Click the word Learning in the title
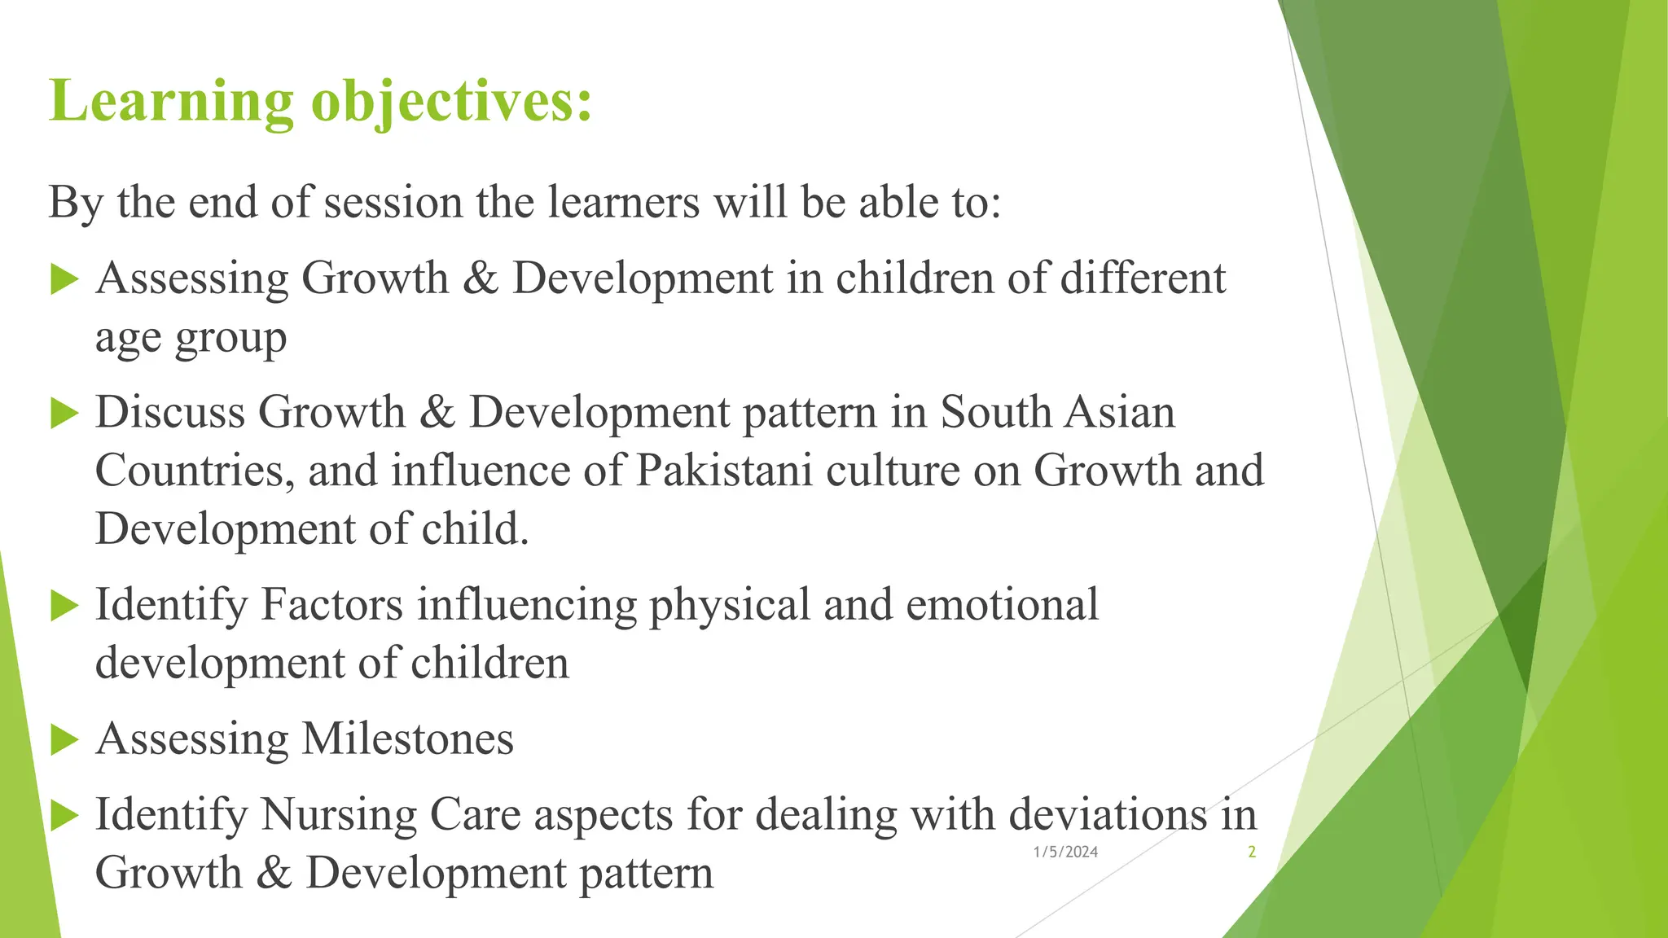171,103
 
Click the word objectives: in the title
451,103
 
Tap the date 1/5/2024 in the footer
1065,852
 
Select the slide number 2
1251,852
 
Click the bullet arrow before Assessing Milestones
64,740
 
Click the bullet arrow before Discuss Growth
64,414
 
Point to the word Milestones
408,739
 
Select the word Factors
332,605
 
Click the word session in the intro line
393,202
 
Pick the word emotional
1002,605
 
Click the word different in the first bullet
1143,278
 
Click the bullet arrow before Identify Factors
64,606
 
